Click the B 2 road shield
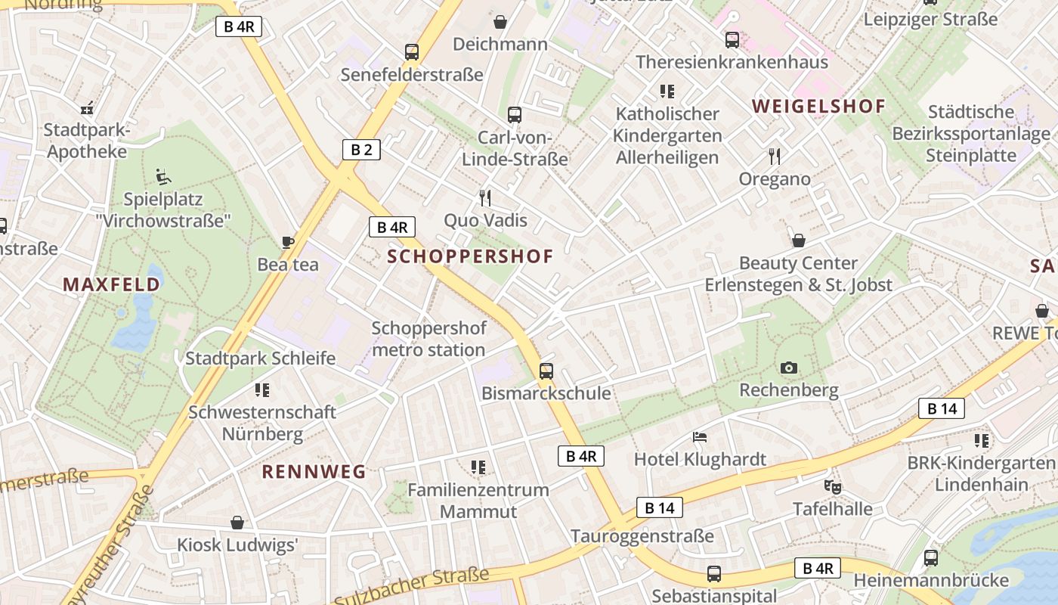361,150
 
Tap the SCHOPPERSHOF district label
470,256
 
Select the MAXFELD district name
111,284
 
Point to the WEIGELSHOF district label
818,106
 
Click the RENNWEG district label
314,472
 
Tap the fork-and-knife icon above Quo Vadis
485,198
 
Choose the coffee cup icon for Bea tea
287,242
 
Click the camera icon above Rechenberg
789,368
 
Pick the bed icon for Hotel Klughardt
700,437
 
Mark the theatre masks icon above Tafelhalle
832,486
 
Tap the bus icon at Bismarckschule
546,371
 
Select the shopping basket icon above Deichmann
500,22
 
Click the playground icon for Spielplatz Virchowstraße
163,178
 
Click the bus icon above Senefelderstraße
411,52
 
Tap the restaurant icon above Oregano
774,157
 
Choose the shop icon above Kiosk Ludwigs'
237,523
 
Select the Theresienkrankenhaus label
732,62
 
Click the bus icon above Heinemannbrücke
931,558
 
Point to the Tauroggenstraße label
642,536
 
